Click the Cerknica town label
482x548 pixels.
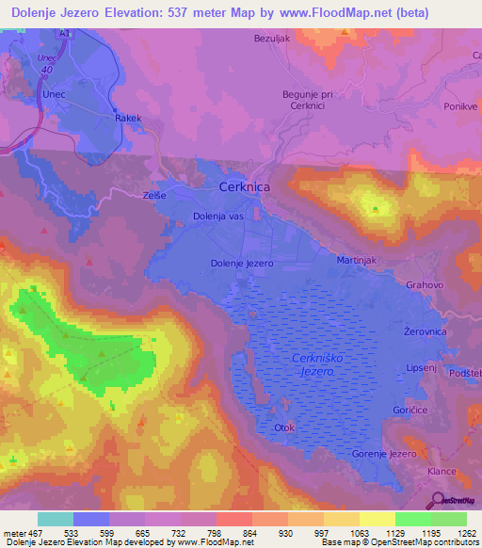(244, 187)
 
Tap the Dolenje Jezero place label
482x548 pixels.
(242, 264)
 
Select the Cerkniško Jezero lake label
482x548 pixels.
(313, 365)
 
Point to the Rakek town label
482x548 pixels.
(127, 119)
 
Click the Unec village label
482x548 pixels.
(52, 94)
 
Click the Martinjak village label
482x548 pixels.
(358, 259)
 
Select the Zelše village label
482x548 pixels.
(155, 194)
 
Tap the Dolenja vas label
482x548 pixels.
(218, 218)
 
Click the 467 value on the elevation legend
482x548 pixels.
(38, 533)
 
